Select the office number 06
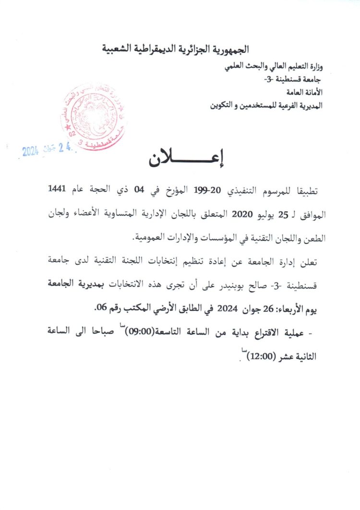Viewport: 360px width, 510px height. click(102, 309)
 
